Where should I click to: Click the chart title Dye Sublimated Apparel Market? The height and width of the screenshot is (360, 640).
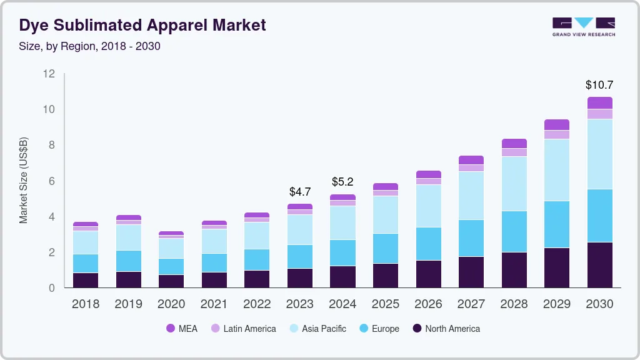(142, 25)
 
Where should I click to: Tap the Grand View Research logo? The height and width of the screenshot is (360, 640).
(583, 27)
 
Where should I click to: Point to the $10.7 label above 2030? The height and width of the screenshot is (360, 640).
(599, 85)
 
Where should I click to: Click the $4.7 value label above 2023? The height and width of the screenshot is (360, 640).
(300, 191)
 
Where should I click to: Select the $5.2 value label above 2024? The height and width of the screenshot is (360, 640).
(342, 182)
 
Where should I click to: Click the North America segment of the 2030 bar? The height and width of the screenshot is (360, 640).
(599, 265)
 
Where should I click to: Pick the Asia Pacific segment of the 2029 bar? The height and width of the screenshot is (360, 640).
(556, 170)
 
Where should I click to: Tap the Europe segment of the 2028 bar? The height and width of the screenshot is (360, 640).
(514, 231)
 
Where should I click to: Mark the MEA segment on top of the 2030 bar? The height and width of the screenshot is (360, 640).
(599, 103)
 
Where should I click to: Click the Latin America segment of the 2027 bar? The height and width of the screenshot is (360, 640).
(471, 168)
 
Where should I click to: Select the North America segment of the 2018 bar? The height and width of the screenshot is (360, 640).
(86, 280)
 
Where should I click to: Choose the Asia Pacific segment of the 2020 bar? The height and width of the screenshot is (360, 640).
(171, 248)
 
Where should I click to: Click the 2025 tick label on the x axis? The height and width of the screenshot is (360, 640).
(386, 304)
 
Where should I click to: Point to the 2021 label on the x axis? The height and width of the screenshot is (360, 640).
(214, 304)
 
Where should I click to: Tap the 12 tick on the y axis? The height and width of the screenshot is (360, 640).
(49, 74)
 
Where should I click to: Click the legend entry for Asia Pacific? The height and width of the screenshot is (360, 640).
(324, 329)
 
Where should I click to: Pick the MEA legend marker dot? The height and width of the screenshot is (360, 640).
(170, 329)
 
